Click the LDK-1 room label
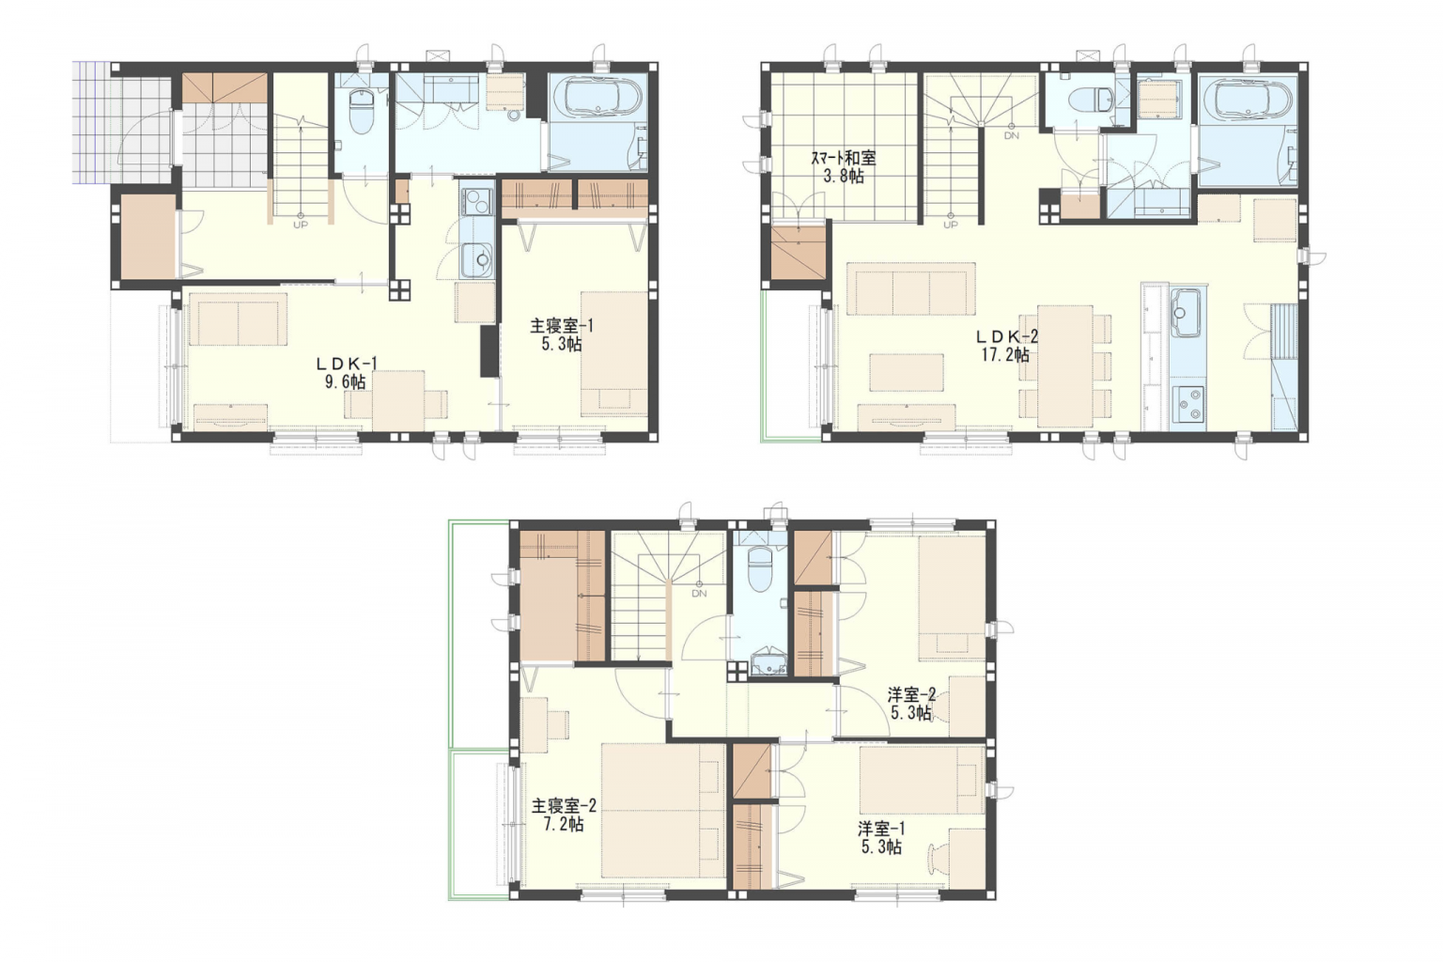(x=347, y=365)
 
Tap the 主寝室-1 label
(x=561, y=326)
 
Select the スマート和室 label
(x=844, y=157)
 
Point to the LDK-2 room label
(x=1006, y=336)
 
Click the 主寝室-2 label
(x=564, y=805)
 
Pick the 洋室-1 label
(x=881, y=829)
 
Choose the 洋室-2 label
(x=911, y=695)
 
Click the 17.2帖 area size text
(x=1005, y=354)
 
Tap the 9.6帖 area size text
(x=346, y=382)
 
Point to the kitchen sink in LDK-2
(x=1186, y=313)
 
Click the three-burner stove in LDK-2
(x=1187, y=404)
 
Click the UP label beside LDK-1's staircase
(x=301, y=225)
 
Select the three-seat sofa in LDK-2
(x=911, y=288)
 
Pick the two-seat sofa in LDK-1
(x=239, y=319)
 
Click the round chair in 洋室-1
(x=938, y=857)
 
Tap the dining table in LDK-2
(x=1064, y=366)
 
